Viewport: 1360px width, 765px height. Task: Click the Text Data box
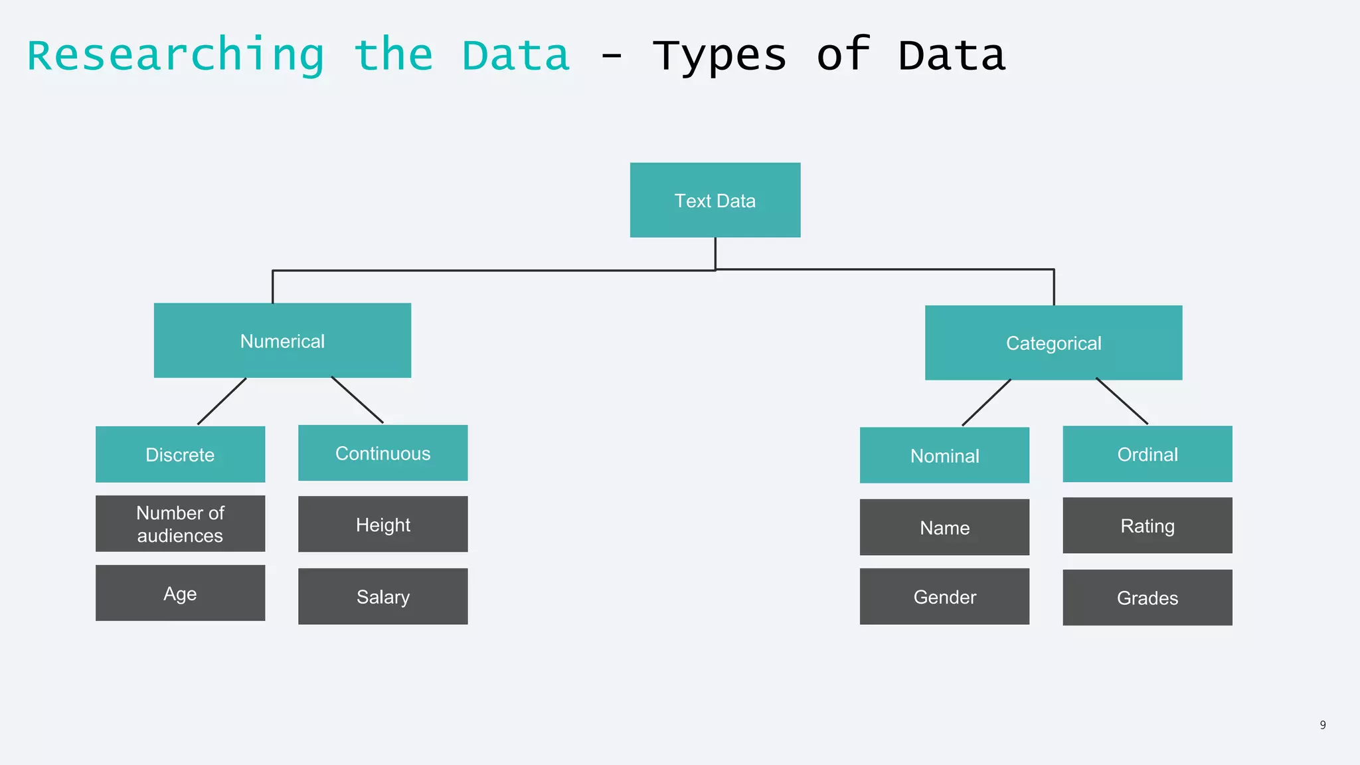(715, 200)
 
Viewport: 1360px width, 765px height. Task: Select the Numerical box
(282, 341)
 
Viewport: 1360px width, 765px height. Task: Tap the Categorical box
(1053, 343)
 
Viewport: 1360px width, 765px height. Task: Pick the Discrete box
(180, 454)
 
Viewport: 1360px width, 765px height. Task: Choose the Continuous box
(382, 453)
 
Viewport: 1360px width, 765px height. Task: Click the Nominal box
(944, 455)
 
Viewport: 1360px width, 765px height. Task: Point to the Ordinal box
(1147, 454)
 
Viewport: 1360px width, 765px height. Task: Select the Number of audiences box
(180, 523)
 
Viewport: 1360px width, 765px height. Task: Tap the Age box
(180, 593)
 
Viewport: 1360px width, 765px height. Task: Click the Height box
(382, 524)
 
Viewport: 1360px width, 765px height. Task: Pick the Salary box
(382, 596)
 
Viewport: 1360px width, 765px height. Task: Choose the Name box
(944, 527)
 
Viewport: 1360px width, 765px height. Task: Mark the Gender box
(944, 596)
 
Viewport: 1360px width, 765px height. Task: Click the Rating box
(1147, 525)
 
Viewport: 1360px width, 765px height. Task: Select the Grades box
(1147, 598)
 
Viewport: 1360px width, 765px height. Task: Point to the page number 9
(1323, 725)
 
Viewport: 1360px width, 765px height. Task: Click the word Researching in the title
(175, 56)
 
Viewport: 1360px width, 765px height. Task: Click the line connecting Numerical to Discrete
(222, 402)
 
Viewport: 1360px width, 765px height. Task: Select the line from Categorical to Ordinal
(1122, 401)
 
